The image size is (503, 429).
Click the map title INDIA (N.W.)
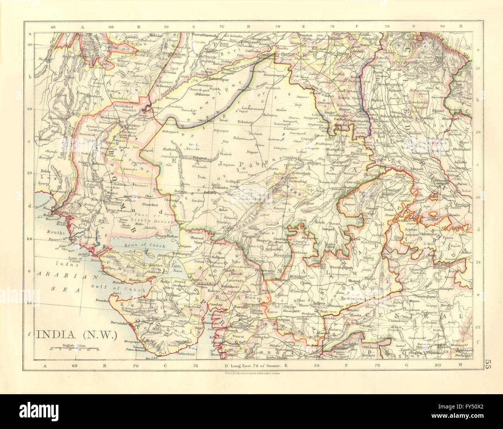pos(76,334)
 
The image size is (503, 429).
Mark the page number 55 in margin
pos(488,364)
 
